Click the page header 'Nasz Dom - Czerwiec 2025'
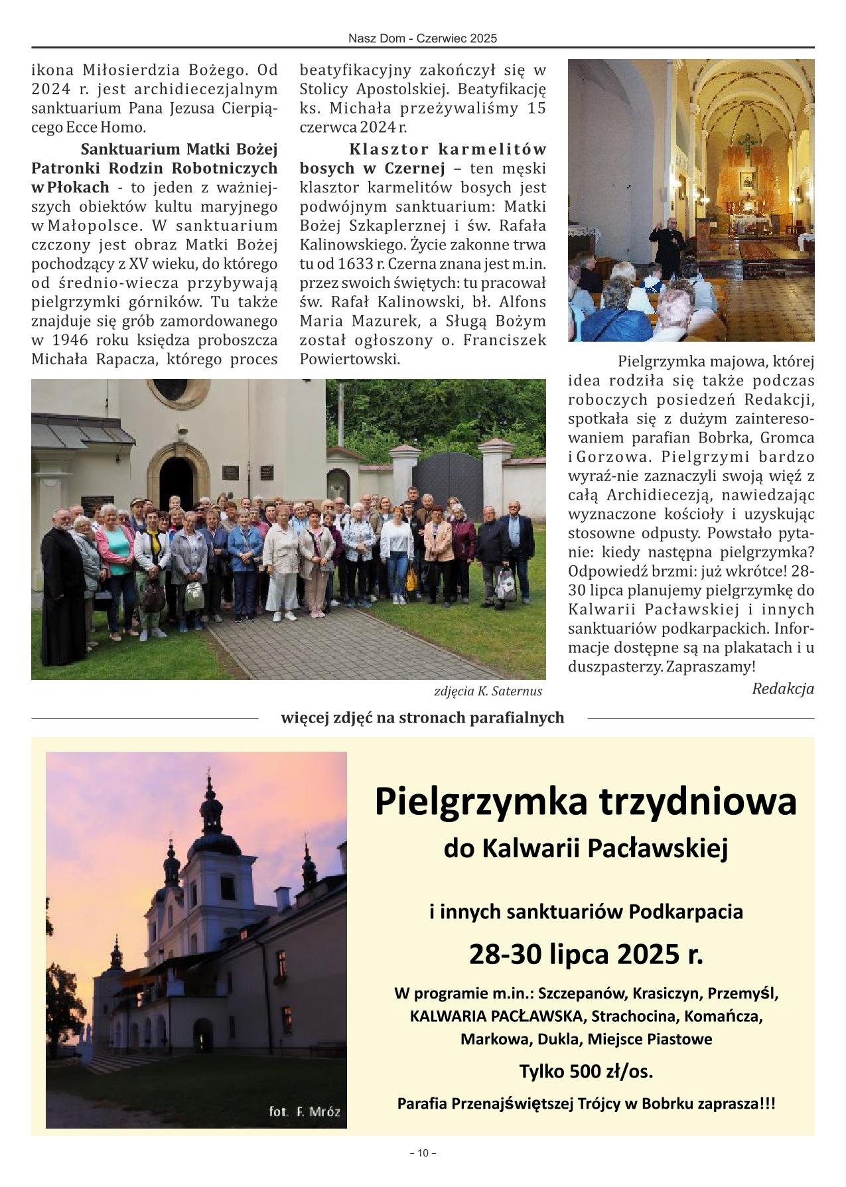423,38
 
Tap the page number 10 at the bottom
423,1153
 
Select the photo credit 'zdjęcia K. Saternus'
488,691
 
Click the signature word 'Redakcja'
782,689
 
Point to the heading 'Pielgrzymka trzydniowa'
585,801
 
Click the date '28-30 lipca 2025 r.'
585,954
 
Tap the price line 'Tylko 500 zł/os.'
585,1072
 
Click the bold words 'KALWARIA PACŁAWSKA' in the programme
498,1016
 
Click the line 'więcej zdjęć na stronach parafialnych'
423,717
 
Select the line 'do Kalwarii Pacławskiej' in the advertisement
585,847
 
